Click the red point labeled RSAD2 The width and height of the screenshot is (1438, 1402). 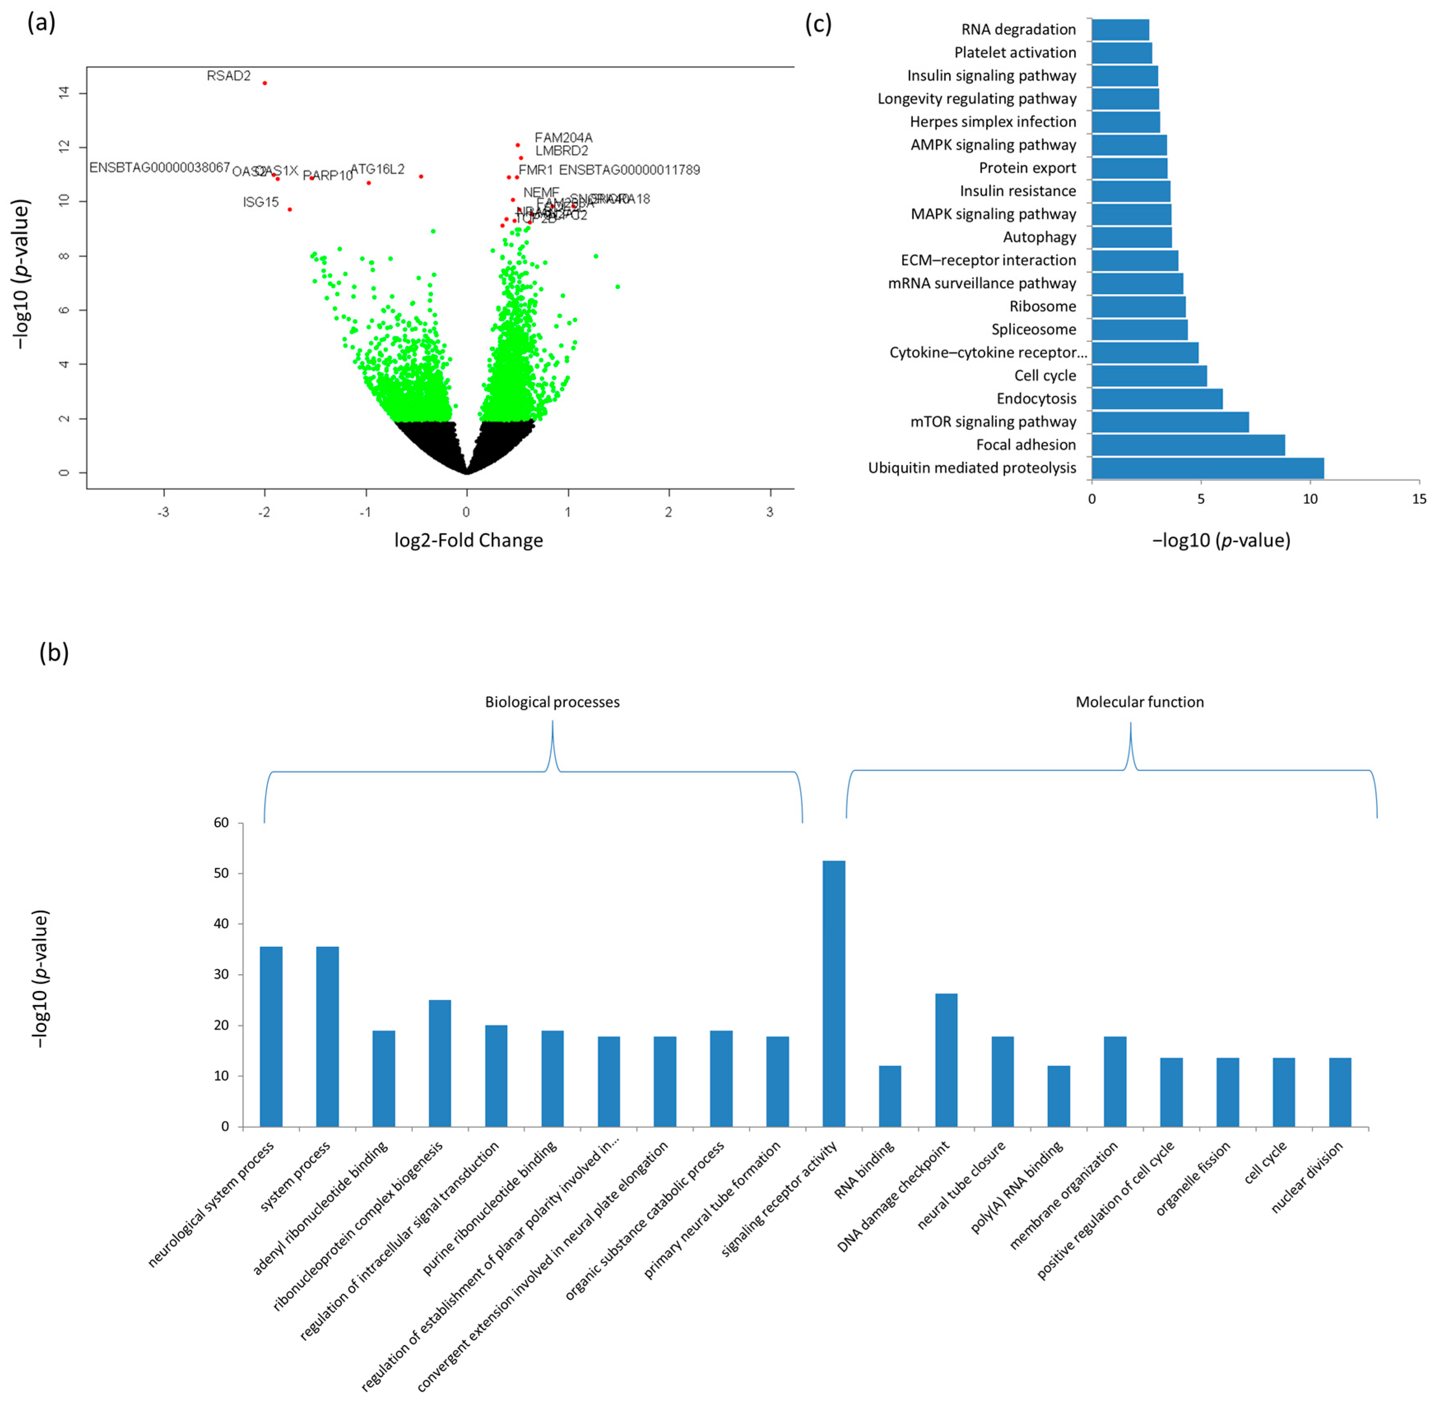pyautogui.click(x=264, y=83)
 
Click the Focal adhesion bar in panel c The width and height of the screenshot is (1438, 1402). pyautogui.click(x=1187, y=445)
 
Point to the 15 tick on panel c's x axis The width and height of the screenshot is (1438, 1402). pyautogui.click(x=1419, y=499)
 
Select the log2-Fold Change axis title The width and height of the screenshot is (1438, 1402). pyautogui.click(x=468, y=541)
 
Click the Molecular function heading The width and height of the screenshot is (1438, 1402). pyautogui.click(x=1139, y=702)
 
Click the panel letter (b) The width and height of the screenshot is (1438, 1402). pyautogui.click(x=54, y=652)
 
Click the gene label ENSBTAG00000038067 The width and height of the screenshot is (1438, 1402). pyautogui.click(x=160, y=168)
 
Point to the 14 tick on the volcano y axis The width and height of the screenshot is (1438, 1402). pyautogui.click(x=65, y=93)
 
